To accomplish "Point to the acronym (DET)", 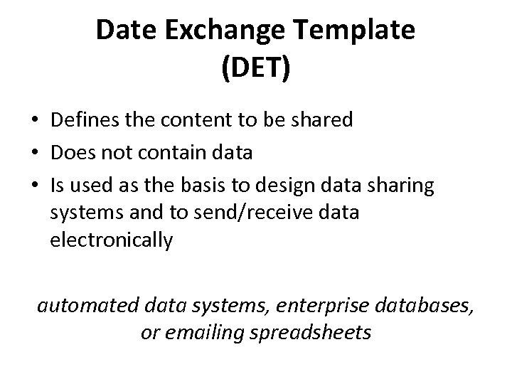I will click(x=256, y=70).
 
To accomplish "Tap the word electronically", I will click(x=112, y=241).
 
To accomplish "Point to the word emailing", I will click(x=206, y=333).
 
